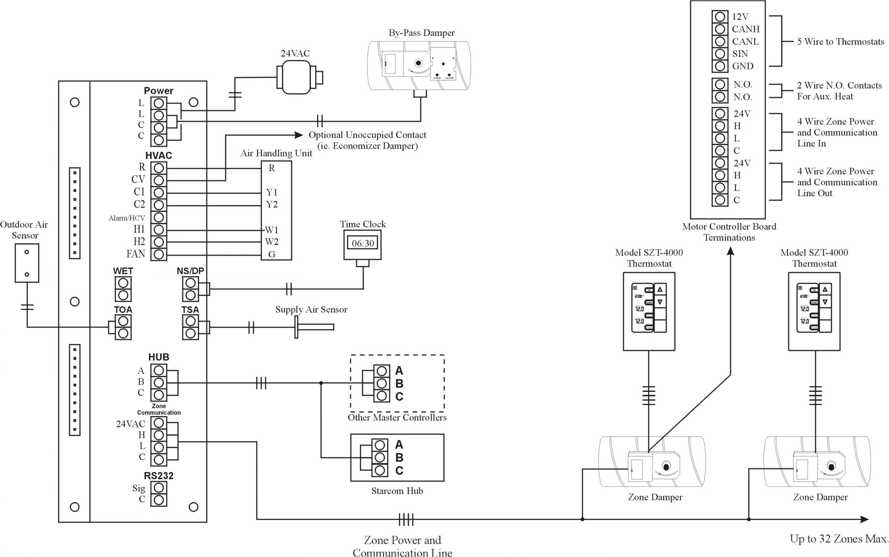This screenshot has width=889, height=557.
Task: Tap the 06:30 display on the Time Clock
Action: [x=363, y=243]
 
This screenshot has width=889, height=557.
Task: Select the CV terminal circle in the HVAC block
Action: [x=159, y=180]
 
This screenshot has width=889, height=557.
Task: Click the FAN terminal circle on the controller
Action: [x=159, y=254]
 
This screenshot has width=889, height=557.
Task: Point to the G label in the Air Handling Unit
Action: [x=272, y=254]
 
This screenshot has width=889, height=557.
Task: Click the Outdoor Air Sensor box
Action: [x=26, y=263]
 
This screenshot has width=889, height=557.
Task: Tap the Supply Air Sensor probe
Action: [x=315, y=327]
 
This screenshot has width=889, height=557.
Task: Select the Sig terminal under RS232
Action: [x=159, y=488]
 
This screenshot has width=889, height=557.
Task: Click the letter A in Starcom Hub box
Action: [x=399, y=445]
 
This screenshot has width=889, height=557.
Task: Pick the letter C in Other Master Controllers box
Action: [x=399, y=397]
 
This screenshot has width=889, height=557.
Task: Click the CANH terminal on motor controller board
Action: [x=720, y=29]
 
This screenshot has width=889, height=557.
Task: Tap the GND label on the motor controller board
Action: [x=742, y=66]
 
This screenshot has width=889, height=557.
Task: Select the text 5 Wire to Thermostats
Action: [x=840, y=42]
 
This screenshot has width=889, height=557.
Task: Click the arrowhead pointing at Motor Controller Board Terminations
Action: [x=730, y=252]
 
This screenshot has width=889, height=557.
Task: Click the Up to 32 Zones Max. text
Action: [x=839, y=539]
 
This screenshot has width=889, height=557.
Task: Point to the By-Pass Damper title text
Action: [x=421, y=33]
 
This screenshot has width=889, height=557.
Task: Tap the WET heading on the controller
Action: [x=123, y=271]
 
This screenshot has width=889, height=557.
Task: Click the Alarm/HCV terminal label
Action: [x=127, y=218]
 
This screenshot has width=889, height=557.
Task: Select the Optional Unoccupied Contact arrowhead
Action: [x=299, y=135]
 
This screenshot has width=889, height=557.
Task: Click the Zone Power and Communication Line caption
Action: [x=402, y=546]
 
